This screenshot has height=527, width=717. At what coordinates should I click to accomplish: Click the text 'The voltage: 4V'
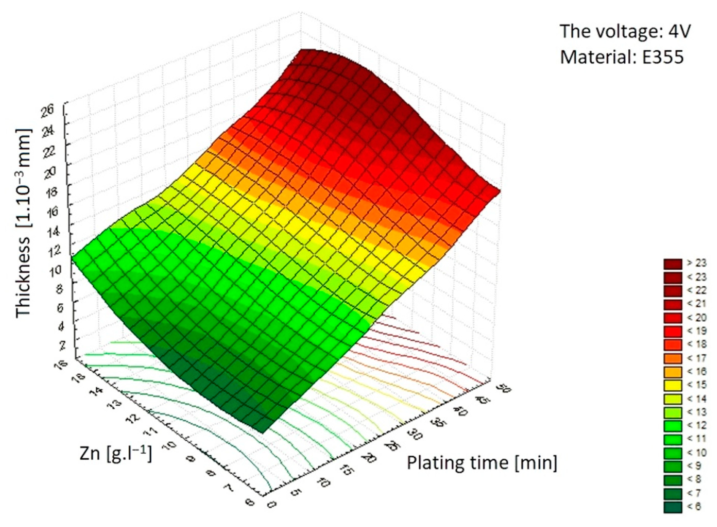pos(625,31)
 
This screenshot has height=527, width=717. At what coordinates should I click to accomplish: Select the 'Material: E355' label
pos(622,57)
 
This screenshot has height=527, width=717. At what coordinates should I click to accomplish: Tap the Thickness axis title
pos(24,223)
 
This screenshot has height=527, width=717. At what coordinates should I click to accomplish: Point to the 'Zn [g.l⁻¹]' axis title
pos(116,454)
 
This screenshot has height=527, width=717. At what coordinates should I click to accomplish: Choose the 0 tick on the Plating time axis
pos(272,504)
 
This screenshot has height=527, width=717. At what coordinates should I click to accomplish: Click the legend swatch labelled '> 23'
pos(673,263)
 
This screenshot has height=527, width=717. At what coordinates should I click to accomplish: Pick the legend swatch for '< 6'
pos(673,507)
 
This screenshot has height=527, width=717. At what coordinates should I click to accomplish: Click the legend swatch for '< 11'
pos(673,439)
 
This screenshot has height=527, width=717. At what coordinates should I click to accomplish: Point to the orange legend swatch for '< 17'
pos(673,358)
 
